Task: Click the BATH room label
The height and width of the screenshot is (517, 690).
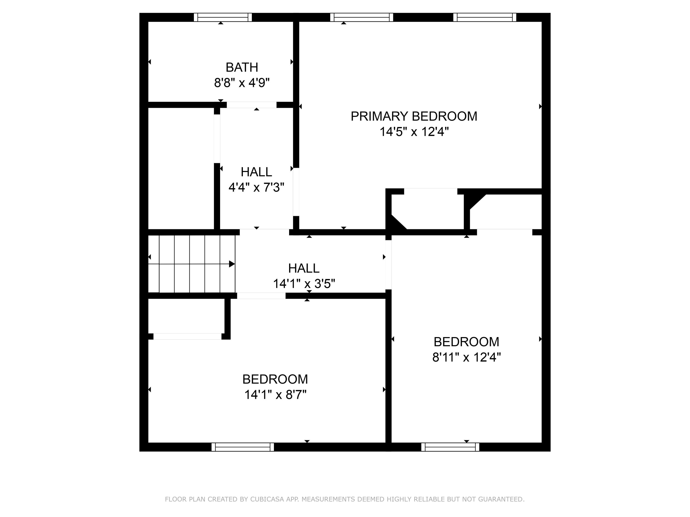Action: [242, 67]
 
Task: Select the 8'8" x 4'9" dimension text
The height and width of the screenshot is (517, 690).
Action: [242, 83]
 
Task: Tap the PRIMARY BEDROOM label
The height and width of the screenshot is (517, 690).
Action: [414, 116]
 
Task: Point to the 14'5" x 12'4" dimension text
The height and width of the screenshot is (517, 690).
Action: [414, 132]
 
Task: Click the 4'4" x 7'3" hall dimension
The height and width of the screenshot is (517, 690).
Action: [256, 187]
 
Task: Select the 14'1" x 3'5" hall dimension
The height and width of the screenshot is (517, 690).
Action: [304, 284]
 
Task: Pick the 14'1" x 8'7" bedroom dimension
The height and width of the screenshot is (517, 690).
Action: [275, 395]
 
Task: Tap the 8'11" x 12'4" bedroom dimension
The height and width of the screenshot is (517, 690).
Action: [466, 357]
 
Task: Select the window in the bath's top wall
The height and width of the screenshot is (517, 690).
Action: [223, 17]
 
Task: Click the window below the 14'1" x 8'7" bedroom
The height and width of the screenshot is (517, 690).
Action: [243, 447]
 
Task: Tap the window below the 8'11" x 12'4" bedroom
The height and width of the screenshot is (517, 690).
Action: [450, 447]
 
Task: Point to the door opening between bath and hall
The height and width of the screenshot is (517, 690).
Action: [251, 105]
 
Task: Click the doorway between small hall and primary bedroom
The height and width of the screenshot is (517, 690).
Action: [296, 192]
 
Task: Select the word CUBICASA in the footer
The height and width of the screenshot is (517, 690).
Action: [267, 499]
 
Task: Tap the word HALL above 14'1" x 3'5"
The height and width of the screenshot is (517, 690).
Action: [304, 268]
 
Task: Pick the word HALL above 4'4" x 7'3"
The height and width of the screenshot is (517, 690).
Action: [256, 172]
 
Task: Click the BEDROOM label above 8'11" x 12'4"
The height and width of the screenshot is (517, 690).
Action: [466, 342]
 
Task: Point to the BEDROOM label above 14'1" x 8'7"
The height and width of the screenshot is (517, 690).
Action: [275, 379]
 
